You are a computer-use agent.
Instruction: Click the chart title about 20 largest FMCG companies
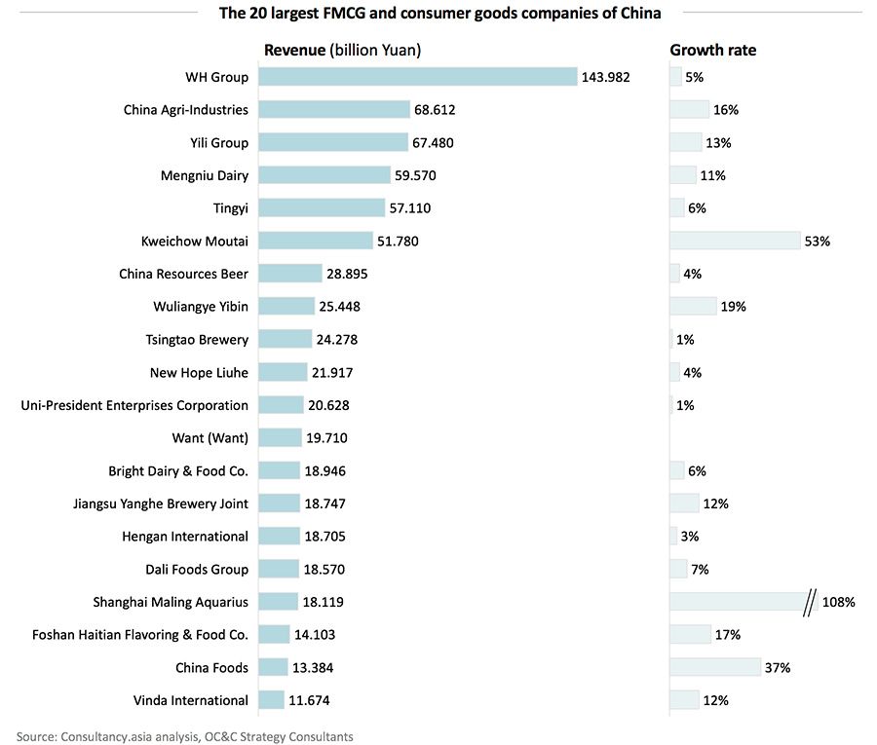click(x=439, y=14)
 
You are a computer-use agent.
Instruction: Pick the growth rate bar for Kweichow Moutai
click(x=734, y=241)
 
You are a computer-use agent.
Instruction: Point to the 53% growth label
click(x=817, y=241)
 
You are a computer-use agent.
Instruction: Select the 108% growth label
click(x=838, y=602)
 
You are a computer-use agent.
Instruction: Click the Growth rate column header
click(x=712, y=50)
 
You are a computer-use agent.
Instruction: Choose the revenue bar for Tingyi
click(x=324, y=208)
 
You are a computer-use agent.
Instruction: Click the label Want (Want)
click(x=210, y=438)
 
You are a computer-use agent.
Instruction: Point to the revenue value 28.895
click(x=347, y=274)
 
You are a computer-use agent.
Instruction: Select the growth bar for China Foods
click(x=715, y=667)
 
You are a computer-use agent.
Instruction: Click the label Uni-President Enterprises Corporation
click(x=134, y=405)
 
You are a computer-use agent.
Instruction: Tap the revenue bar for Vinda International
click(x=273, y=700)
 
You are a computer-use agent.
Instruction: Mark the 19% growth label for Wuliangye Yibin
click(x=733, y=307)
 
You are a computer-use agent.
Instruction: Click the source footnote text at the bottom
click(x=185, y=736)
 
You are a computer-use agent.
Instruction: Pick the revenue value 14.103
click(x=319, y=635)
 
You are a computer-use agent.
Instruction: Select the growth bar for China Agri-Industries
click(x=690, y=110)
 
